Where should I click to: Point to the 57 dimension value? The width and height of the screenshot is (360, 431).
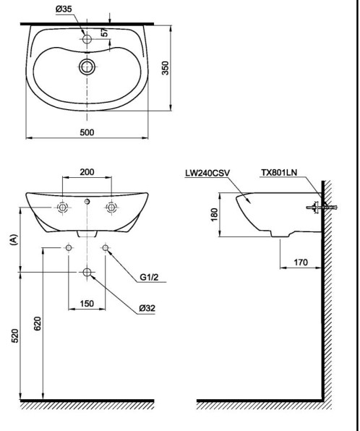point(104,33)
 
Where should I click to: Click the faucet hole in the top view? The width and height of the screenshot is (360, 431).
point(87,40)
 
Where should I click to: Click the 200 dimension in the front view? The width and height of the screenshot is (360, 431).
point(87,172)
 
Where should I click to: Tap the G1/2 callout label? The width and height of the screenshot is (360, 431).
point(147,276)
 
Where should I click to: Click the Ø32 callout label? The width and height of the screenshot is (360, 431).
point(147,308)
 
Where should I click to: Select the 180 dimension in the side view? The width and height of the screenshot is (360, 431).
point(214,215)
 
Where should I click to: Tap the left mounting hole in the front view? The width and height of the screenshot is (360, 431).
point(63,208)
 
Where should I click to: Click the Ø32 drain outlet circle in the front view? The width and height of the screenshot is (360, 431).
point(87,272)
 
